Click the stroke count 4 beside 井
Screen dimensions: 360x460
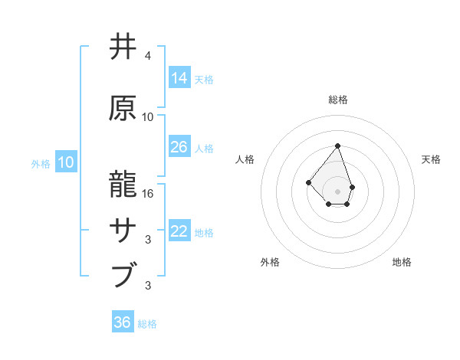point(148,56)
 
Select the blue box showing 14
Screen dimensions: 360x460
point(179,77)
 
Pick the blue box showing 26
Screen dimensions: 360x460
point(179,146)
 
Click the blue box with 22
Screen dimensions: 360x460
point(179,231)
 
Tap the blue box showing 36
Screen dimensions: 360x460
point(123,322)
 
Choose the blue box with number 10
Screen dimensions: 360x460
point(65,162)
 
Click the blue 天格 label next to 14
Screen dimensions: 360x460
point(204,79)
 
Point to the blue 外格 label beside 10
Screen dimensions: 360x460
point(41,163)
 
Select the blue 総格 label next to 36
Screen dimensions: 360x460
point(147,324)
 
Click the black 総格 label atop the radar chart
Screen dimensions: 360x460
point(338,100)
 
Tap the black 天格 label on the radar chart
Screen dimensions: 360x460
point(432,159)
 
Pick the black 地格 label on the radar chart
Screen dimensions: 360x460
point(402,262)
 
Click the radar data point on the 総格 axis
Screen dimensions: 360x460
point(338,146)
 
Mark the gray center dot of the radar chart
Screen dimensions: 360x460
point(338,191)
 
